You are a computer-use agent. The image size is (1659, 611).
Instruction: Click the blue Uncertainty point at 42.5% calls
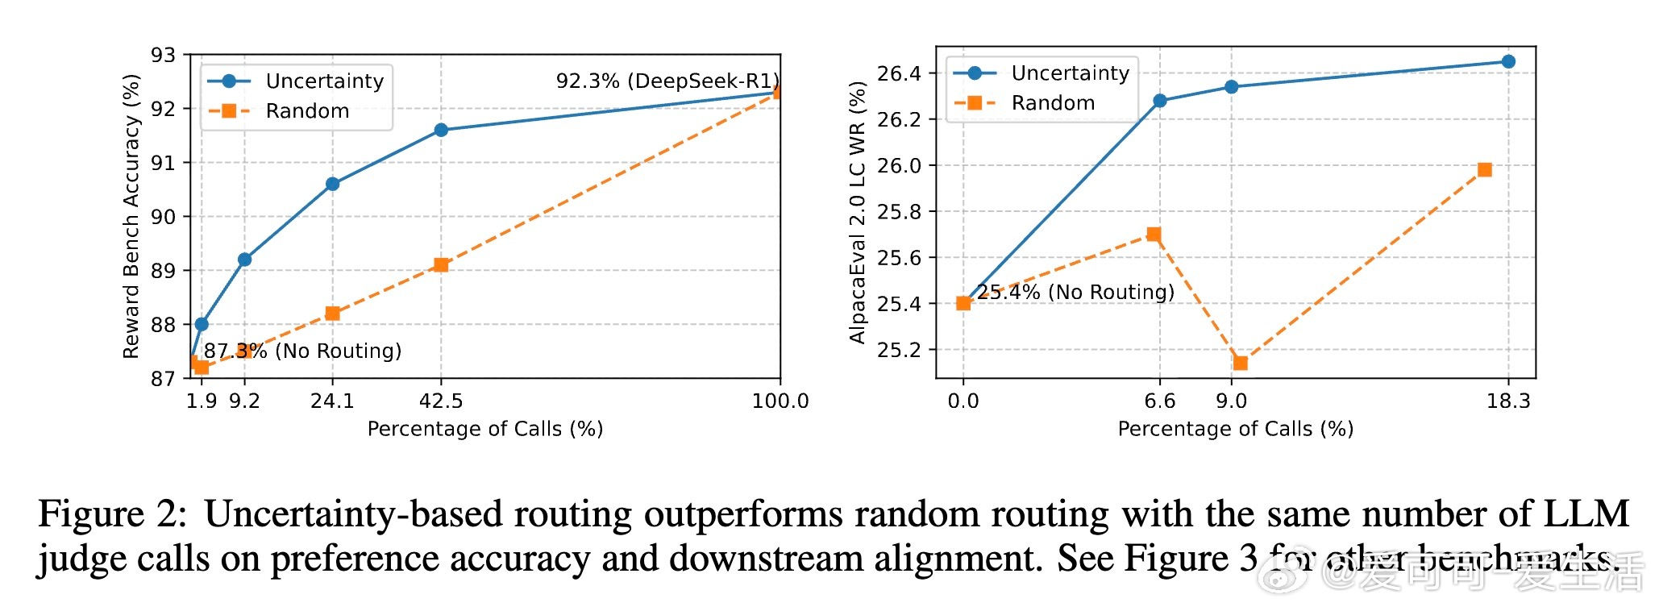click(x=441, y=130)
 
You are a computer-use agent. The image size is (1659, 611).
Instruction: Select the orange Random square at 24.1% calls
click(x=332, y=313)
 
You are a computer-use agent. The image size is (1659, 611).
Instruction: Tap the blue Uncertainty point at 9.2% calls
click(x=244, y=260)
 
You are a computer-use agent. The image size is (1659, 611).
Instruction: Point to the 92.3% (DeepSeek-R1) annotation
click(x=667, y=81)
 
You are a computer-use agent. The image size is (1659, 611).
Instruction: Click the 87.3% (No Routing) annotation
click(x=302, y=351)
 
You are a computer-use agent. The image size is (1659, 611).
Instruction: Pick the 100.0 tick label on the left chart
click(x=780, y=401)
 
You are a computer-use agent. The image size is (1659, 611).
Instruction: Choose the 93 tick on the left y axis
click(x=163, y=55)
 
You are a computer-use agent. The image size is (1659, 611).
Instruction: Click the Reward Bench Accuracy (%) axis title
click(x=131, y=216)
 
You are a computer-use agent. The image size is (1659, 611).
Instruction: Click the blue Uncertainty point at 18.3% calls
click(x=1508, y=61)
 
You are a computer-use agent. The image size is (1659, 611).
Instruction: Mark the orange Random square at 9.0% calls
click(x=1241, y=363)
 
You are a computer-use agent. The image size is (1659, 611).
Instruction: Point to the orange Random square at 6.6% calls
click(x=1154, y=235)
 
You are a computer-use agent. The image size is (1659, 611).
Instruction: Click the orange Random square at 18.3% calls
click(x=1485, y=169)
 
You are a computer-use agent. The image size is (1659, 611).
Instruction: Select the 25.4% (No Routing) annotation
click(x=1075, y=292)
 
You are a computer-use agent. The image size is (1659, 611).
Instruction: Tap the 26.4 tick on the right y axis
click(x=898, y=73)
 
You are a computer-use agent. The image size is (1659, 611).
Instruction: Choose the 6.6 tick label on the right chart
click(x=1159, y=401)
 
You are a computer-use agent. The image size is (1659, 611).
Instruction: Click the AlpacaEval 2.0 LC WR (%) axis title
click(x=857, y=212)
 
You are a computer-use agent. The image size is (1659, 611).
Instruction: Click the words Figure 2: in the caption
click(x=112, y=514)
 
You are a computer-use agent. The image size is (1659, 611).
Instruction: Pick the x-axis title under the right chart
click(x=1235, y=429)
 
